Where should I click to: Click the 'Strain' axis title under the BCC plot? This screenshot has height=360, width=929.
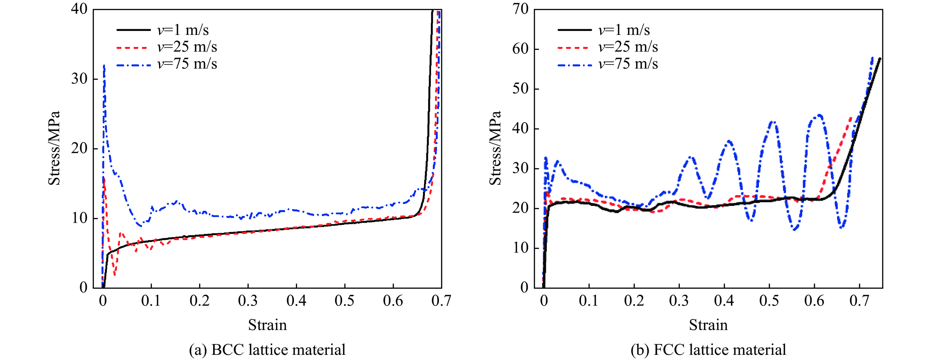(267, 325)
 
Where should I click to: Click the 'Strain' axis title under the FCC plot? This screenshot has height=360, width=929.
(708, 325)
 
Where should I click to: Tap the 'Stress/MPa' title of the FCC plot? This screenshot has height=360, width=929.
(495, 148)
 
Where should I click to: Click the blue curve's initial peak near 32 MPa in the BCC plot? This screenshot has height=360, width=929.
(104, 66)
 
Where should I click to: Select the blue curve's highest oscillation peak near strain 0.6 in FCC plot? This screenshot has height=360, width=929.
(820, 115)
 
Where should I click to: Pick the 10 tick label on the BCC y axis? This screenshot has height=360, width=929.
(79, 218)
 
